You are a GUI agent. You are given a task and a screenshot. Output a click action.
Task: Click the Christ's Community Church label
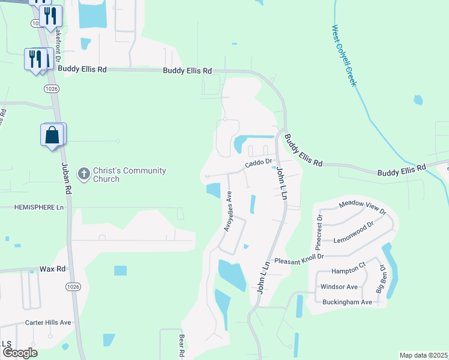[129, 175]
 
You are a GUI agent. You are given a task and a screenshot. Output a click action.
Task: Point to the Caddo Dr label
[259, 162]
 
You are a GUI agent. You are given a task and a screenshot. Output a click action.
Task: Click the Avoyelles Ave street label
[228, 212]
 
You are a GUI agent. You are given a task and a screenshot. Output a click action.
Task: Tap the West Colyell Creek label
[344, 55]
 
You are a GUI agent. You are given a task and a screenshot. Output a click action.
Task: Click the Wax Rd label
[52, 269]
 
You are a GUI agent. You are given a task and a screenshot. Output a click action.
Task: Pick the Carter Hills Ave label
[48, 322]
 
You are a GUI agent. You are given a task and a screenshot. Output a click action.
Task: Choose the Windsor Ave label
[340, 287]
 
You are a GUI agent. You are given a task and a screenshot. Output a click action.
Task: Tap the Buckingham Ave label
[348, 302]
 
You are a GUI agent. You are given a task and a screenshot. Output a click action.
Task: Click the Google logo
[20, 352]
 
